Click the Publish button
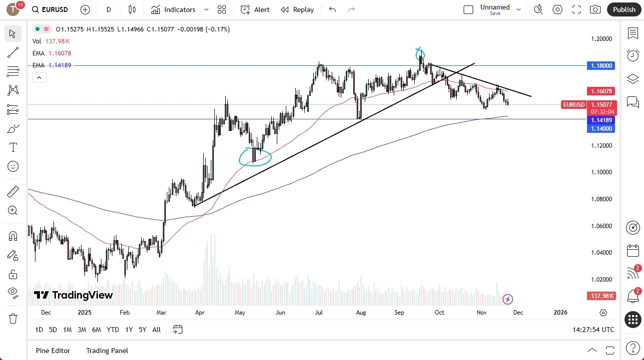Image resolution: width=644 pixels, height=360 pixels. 624,9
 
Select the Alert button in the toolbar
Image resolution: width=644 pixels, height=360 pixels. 255,9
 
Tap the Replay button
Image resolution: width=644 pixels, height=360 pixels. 297,9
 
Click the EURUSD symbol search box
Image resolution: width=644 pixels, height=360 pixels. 50,9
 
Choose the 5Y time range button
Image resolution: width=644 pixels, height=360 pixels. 142,330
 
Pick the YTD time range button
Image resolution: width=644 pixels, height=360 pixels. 113,330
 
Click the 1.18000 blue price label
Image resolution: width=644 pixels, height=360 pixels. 602,65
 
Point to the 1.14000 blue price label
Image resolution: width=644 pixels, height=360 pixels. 602,128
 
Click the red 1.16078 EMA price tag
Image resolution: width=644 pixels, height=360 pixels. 602,91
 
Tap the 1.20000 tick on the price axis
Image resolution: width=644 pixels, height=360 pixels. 602,39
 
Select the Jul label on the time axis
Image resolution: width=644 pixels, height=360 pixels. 319,313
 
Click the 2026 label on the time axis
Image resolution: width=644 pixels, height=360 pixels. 561,313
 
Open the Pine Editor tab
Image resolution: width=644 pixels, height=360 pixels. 53,351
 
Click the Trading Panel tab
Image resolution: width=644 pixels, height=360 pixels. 107,351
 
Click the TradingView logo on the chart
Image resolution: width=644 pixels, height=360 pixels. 73,295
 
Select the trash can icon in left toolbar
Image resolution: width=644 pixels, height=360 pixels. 13,319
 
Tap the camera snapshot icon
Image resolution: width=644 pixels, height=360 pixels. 595,9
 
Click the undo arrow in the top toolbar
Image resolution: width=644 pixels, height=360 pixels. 333,9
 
